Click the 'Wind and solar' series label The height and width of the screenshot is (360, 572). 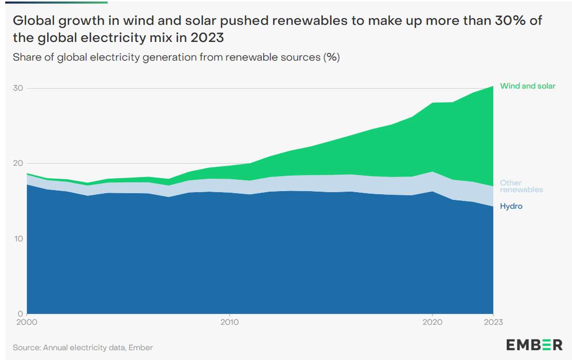[527, 86]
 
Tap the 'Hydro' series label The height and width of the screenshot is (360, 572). [511, 206]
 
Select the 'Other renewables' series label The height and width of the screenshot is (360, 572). [521, 186]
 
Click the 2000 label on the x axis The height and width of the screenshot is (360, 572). [27, 322]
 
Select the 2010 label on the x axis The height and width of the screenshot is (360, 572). [230, 322]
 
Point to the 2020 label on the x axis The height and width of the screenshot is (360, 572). [432, 322]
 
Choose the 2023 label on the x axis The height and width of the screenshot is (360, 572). [493, 322]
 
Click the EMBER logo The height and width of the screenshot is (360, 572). [534, 345]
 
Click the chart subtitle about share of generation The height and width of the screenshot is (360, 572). [176, 58]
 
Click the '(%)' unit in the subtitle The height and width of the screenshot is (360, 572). [331, 58]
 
